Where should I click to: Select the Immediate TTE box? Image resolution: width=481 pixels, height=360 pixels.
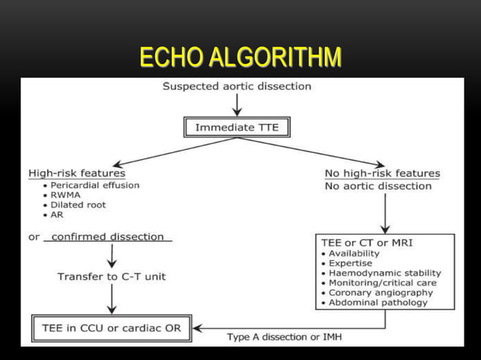pyautogui.click(x=237, y=127)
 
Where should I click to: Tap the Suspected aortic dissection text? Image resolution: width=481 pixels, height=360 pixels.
pyautogui.click(x=237, y=87)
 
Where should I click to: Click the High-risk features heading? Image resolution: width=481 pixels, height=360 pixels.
pyautogui.click(x=77, y=173)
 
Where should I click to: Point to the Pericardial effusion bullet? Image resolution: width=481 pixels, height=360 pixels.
pyautogui.click(x=94, y=185)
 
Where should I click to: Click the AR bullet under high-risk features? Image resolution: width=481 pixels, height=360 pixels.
pyautogui.click(x=58, y=215)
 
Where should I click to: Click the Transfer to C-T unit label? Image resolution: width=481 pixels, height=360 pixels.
pyautogui.click(x=112, y=277)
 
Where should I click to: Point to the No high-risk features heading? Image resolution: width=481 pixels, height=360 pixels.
pyautogui.click(x=382, y=173)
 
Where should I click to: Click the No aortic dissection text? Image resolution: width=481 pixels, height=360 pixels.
pyautogui.click(x=378, y=186)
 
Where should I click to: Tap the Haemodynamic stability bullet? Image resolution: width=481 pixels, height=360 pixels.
pyautogui.click(x=384, y=273)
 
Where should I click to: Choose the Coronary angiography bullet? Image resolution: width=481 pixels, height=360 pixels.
pyautogui.click(x=381, y=293)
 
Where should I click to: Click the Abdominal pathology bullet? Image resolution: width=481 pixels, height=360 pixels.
pyautogui.click(x=378, y=303)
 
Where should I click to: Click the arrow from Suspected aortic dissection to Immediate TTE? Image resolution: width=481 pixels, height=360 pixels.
pyautogui.click(x=237, y=105)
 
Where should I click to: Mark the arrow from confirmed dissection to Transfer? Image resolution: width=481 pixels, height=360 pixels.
pyautogui.click(x=112, y=257)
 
